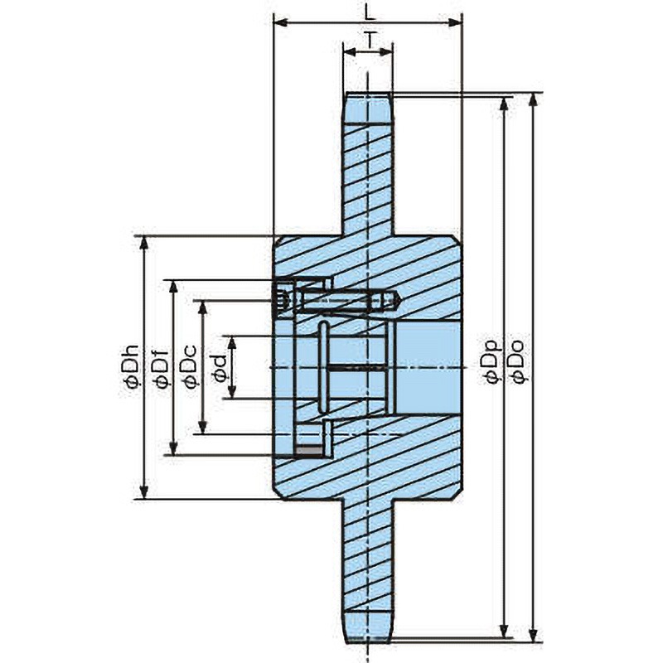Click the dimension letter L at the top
(370, 13)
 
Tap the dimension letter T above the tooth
(370, 41)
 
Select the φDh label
(130, 366)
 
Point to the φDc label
(189, 366)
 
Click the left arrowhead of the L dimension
(281, 22)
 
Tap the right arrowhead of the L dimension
(454, 22)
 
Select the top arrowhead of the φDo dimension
(534, 99)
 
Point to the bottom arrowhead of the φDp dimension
(504, 632)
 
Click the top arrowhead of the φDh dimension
(144, 243)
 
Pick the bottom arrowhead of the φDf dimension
(173, 448)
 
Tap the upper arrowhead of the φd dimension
(232, 343)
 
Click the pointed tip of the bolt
(400, 301)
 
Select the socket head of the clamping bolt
(285, 301)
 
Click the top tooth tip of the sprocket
(368, 94)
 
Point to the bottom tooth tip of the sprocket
(369, 640)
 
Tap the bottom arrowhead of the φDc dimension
(203, 427)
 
